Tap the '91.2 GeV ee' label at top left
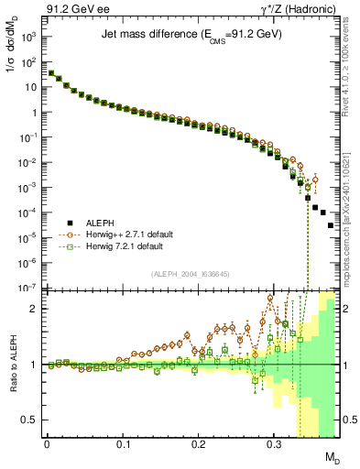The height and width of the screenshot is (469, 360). [x=71, y=8]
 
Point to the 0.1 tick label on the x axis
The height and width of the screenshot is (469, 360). [x=123, y=443]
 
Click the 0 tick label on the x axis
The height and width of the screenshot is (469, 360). [x=47, y=443]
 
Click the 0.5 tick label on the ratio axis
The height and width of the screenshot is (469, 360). [x=30, y=420]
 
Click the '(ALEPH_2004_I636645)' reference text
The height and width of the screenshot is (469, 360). [x=191, y=274]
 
